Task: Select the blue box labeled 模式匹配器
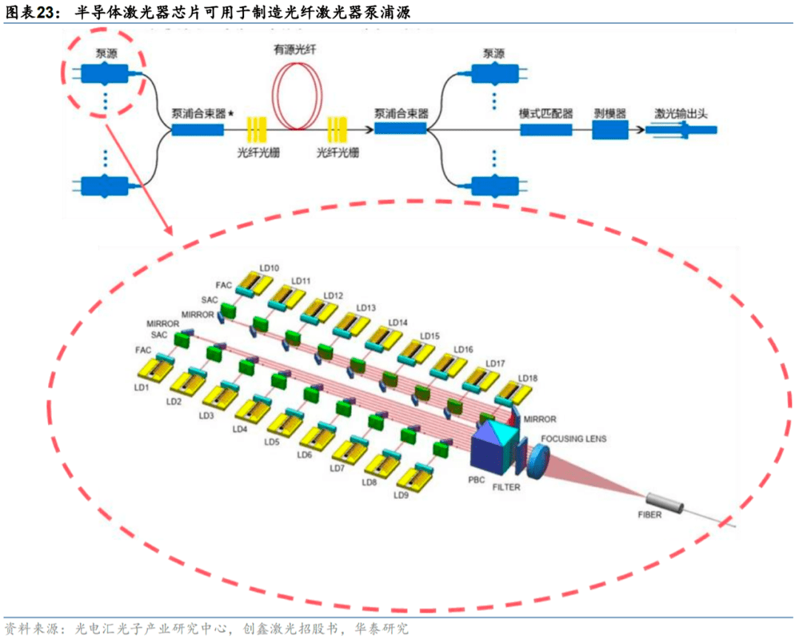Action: coord(546,130)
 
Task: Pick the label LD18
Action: coord(528,378)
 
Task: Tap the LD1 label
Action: coord(142,387)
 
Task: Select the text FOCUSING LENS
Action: coord(573,439)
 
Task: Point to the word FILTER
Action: coord(507,487)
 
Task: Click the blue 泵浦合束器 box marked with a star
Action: coord(198,130)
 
